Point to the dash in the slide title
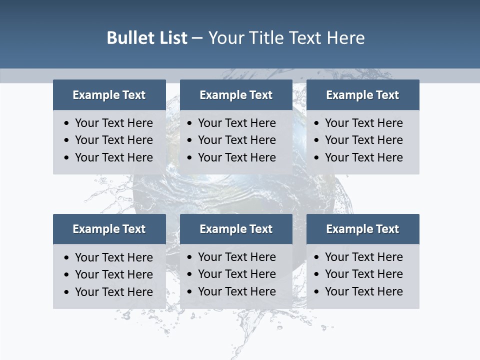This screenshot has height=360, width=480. (x=197, y=38)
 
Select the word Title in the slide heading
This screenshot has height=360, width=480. (x=267, y=38)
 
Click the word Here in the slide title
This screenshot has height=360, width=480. (x=345, y=38)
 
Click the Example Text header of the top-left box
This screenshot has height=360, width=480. (x=109, y=95)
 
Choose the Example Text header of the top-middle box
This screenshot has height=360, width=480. (x=236, y=95)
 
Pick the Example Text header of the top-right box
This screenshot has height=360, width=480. (x=362, y=95)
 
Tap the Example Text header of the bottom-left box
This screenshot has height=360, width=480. (x=109, y=229)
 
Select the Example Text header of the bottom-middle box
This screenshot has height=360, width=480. (x=236, y=229)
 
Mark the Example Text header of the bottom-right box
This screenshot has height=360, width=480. (x=362, y=229)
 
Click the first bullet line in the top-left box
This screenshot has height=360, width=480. (x=113, y=123)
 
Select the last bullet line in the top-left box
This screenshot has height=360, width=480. (x=113, y=157)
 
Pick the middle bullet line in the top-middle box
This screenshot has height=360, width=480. (x=236, y=140)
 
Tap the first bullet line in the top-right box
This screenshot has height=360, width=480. (x=363, y=123)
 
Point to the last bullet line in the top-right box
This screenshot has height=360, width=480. (x=363, y=157)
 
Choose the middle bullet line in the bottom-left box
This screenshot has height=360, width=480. (x=113, y=274)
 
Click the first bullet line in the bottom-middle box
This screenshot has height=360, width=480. (x=236, y=257)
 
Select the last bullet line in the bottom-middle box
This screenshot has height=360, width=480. (x=236, y=291)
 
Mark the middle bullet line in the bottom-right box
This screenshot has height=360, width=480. (x=363, y=274)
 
